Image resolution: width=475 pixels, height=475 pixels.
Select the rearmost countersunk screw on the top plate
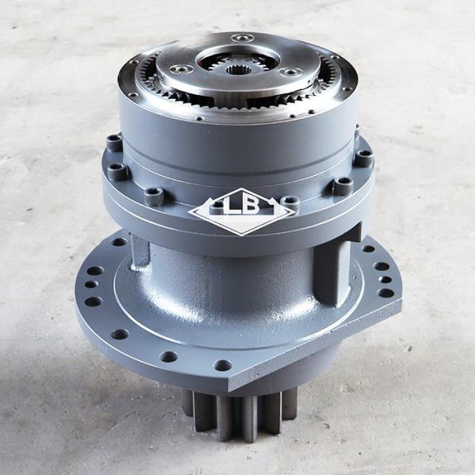pos(243,38)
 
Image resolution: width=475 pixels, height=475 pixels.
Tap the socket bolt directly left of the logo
pos(155,196)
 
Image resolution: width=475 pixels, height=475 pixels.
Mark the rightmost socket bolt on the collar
pos(363,157)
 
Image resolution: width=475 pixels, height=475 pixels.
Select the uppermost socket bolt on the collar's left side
pos(114,142)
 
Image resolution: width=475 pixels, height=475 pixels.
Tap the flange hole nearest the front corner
pos(222,365)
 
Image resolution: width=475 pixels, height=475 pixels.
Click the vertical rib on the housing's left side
pos(141,251)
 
